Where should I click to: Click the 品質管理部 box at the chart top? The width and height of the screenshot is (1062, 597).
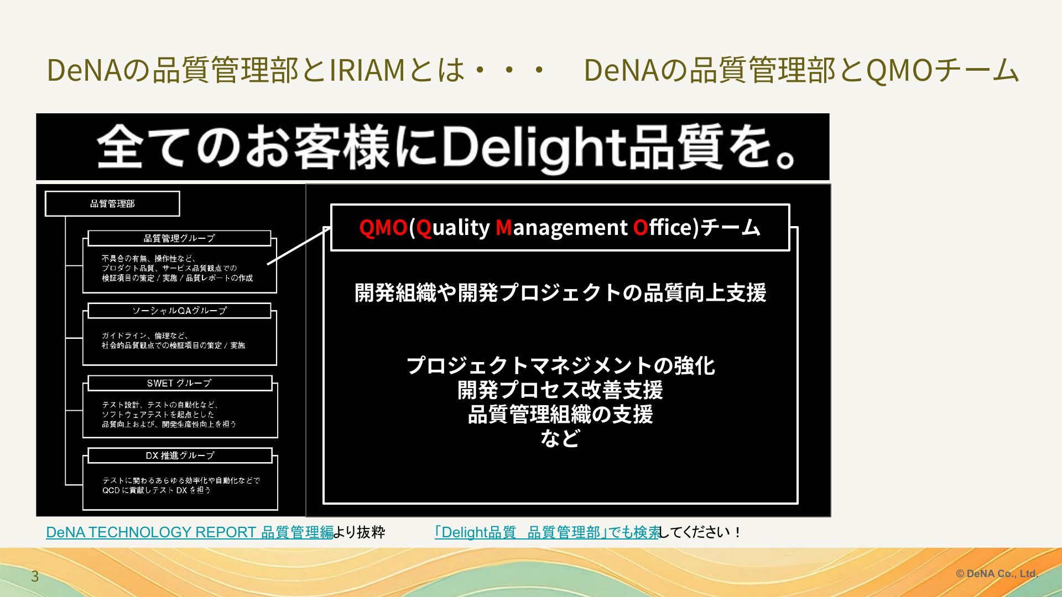click(x=112, y=203)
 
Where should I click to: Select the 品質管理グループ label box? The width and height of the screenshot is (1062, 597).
click(x=179, y=238)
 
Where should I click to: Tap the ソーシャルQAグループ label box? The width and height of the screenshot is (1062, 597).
click(x=179, y=311)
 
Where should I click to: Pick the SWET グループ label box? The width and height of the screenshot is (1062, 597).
click(x=180, y=383)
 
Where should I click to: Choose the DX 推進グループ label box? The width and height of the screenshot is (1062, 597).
click(x=180, y=455)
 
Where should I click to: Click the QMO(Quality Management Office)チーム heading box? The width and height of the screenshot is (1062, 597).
click(x=560, y=228)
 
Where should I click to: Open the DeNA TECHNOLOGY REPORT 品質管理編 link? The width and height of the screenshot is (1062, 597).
click(x=190, y=532)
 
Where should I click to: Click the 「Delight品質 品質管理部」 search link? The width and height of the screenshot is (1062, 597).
click(x=547, y=532)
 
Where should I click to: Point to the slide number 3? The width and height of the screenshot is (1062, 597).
click(x=35, y=577)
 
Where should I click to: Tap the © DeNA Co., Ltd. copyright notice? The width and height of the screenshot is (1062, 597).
click(x=997, y=574)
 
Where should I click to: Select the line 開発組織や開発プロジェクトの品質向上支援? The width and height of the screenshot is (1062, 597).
click(x=560, y=292)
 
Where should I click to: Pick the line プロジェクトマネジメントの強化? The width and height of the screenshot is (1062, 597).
click(x=560, y=366)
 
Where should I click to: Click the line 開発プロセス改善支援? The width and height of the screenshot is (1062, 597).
click(x=560, y=390)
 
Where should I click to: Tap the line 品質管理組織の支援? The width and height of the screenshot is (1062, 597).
click(x=560, y=415)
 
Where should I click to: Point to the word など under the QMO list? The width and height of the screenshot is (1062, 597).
click(x=560, y=439)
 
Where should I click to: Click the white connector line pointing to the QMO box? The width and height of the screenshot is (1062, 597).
click(x=299, y=246)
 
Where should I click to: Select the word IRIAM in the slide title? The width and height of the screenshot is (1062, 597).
click(x=368, y=71)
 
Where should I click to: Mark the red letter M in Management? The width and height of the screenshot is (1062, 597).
click(x=504, y=227)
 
